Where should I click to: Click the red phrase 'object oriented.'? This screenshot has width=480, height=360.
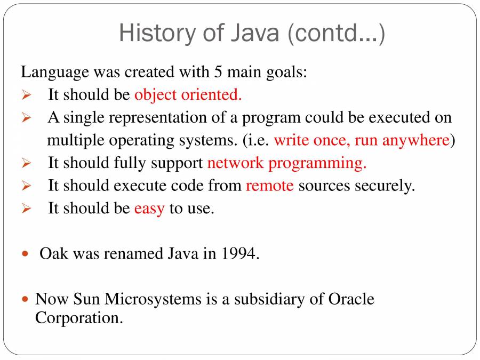(188, 94)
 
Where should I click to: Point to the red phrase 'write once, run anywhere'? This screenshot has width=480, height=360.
(361, 140)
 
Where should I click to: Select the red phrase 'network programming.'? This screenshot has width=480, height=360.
(286, 163)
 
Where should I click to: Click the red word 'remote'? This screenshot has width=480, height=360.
(269, 185)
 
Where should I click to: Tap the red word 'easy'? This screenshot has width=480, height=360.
(149, 208)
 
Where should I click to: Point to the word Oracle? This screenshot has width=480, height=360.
(350, 299)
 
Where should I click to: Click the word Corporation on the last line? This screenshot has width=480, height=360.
(79, 318)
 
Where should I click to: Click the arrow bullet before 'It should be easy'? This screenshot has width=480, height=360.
(27, 209)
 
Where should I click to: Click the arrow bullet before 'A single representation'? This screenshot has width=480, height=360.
(27, 118)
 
